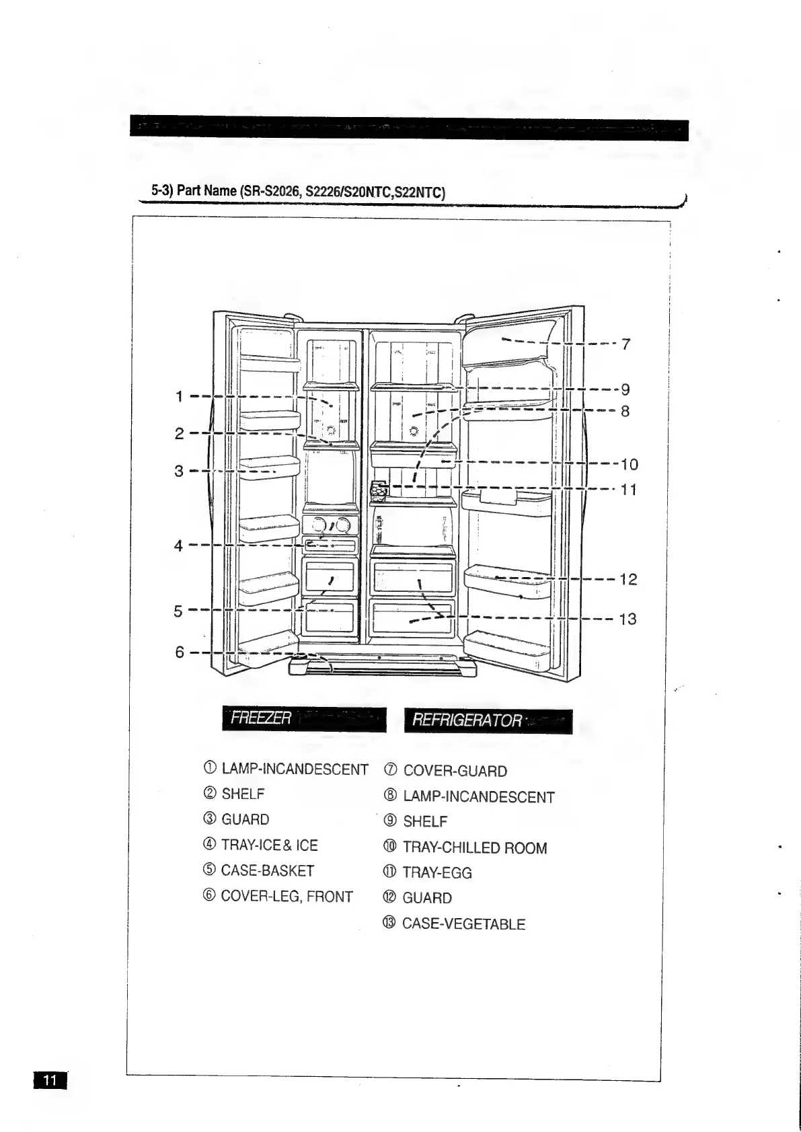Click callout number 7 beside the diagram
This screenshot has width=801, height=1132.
click(626, 344)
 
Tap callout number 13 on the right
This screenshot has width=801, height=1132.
click(627, 619)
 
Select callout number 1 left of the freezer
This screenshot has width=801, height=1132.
click(179, 396)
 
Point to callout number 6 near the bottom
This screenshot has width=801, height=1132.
click(180, 652)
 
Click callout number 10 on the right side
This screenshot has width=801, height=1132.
click(629, 464)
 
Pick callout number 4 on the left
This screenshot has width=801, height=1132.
click(178, 545)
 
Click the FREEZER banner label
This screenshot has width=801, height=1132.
click(261, 718)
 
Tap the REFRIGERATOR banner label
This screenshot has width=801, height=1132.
click(467, 721)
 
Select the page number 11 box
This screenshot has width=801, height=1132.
click(50, 1080)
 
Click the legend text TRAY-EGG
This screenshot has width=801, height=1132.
click(436, 873)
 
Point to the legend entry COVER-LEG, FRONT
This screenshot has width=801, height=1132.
click(287, 897)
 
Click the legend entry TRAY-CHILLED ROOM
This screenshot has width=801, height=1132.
click(474, 848)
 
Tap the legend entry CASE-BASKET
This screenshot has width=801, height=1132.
click(267, 871)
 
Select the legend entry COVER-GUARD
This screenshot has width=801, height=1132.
click(455, 771)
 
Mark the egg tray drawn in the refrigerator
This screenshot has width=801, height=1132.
click(379, 491)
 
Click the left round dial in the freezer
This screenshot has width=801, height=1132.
click(317, 525)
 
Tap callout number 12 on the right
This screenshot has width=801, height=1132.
click(627, 579)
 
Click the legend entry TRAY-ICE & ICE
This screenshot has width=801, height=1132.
click(269, 845)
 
